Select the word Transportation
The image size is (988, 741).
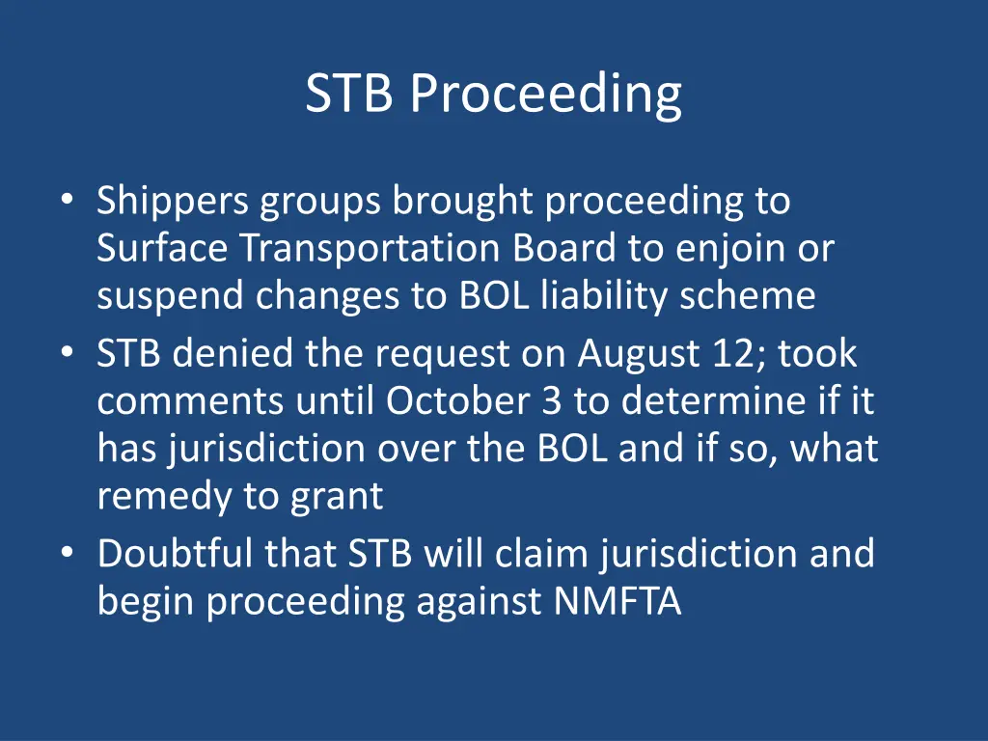coord(370,249)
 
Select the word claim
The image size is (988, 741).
coord(548,555)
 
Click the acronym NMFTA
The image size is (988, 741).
coord(617,602)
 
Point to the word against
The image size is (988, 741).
coord(480,602)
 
